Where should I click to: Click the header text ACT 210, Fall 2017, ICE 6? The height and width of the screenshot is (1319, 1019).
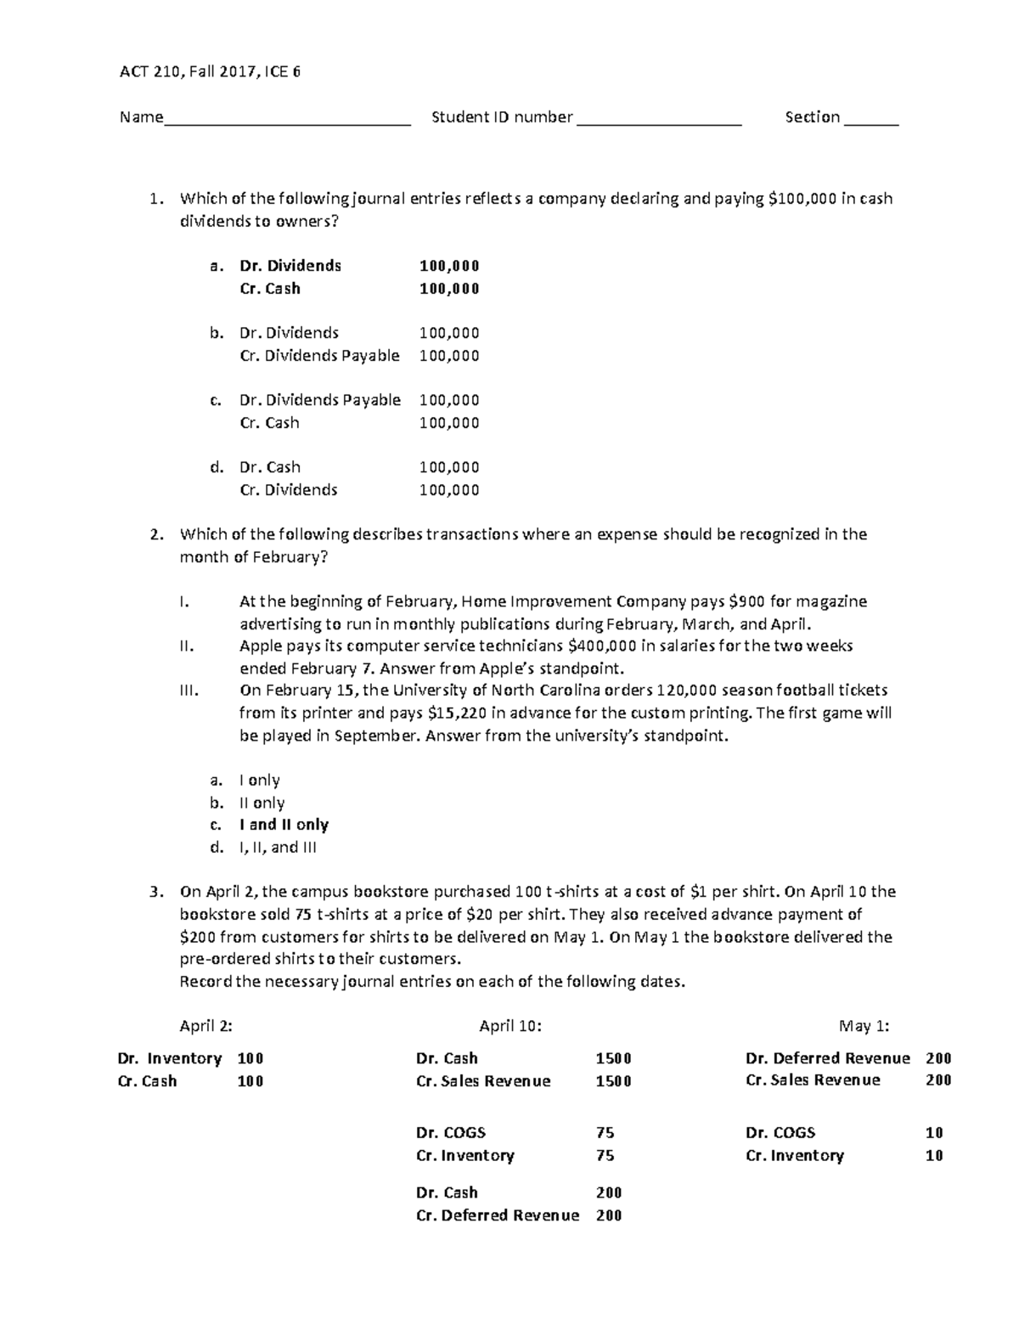[210, 72]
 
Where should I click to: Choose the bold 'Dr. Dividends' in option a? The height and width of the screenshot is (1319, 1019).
[290, 266]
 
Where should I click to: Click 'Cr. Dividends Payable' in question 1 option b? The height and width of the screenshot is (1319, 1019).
[319, 356]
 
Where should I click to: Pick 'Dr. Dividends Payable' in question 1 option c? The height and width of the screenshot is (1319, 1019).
[320, 400]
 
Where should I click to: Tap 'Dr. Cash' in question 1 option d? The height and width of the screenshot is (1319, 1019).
[270, 467]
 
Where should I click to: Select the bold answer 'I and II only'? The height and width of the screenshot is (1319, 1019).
[284, 825]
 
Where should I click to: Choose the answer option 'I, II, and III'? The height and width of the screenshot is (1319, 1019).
[278, 847]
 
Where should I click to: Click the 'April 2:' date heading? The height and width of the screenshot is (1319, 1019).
[205, 1026]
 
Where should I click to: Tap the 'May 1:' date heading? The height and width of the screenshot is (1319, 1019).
[864, 1026]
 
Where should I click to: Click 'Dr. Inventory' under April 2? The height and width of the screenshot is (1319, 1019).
[170, 1058]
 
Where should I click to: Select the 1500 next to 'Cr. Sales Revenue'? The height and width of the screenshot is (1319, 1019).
[613, 1081]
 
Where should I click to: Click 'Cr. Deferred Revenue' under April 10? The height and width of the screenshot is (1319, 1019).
[498, 1215]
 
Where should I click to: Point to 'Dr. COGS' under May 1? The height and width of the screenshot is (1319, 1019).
[780, 1133]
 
